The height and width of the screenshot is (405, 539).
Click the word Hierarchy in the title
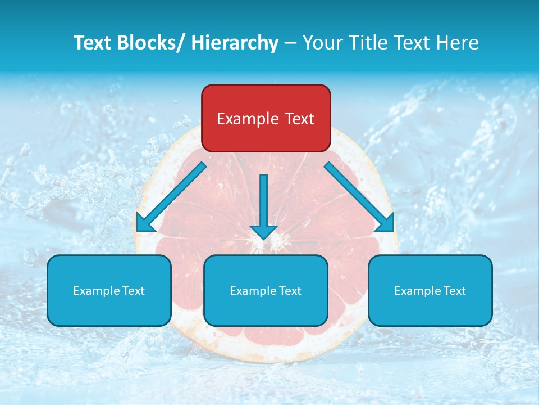point(235,43)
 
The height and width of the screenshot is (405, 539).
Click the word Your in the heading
point(322,43)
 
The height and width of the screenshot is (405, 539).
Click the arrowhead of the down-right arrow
point(386,223)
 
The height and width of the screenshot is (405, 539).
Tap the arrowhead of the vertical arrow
point(263,231)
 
